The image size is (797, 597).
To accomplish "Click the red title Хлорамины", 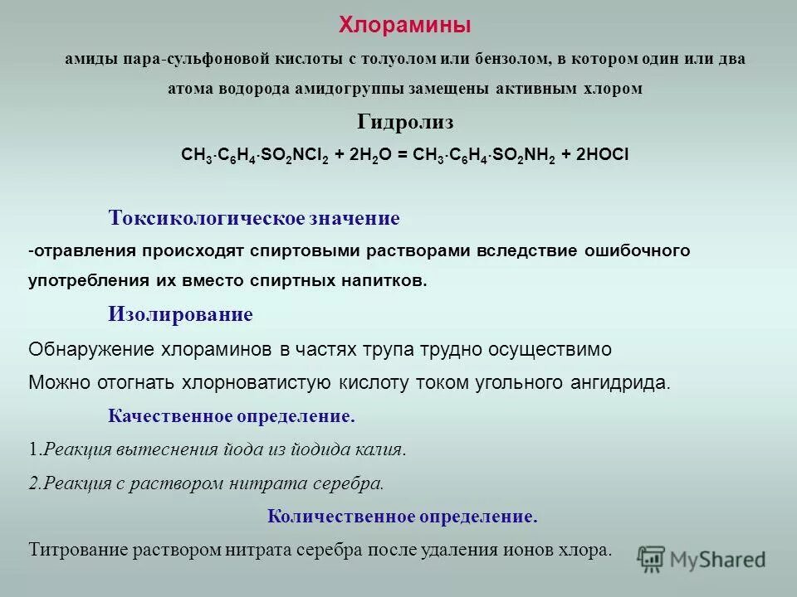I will click(x=404, y=26).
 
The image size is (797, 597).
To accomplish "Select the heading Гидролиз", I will click(x=405, y=123).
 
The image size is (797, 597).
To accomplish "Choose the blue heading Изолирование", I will click(x=180, y=315).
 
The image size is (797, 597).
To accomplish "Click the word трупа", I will click(x=384, y=350).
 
